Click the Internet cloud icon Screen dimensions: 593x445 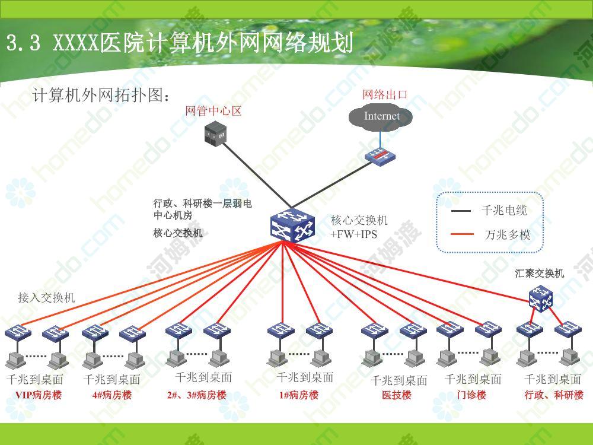click(x=380, y=117)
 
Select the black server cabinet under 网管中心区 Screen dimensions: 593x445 click(x=215, y=132)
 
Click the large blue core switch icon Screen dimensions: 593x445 click(x=292, y=225)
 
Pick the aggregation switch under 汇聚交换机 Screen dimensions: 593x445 click(x=541, y=298)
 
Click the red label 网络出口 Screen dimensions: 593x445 click(x=385, y=94)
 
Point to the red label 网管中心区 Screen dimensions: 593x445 click(x=213, y=111)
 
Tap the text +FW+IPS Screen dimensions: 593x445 click(x=354, y=234)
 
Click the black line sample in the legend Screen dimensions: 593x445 click(x=461, y=211)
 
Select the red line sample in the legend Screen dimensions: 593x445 click(x=462, y=234)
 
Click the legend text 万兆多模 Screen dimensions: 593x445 click(x=507, y=235)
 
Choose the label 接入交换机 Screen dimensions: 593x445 click(x=46, y=298)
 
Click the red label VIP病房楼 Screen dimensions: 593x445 click(x=38, y=395)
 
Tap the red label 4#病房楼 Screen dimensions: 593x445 click(x=112, y=395)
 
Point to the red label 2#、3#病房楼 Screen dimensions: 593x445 click(x=197, y=395)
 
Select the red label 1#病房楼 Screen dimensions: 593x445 click(x=299, y=395)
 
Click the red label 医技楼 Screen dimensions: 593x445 click(x=396, y=395)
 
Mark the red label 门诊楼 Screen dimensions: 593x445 click(x=471, y=395)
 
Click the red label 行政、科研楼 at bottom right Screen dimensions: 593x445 click(x=554, y=395)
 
